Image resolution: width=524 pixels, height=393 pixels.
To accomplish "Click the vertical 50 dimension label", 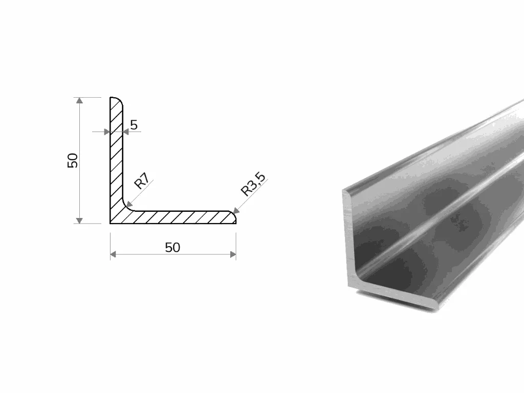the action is (73, 160).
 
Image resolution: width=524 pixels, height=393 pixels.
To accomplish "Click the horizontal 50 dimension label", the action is (172, 248).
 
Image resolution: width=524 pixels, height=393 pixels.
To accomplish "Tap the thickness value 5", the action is (134, 125).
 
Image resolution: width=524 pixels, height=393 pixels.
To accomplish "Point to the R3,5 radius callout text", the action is (253, 184).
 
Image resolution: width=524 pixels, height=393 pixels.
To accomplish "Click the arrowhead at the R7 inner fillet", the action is (129, 204).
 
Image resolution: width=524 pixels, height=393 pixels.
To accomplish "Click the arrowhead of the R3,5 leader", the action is (236, 211).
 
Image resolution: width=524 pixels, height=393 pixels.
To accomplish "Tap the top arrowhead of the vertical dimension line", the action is (79, 100).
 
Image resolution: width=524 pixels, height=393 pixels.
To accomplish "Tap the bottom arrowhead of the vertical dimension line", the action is (79, 221).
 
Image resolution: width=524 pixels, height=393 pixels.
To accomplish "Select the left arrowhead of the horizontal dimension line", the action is (113, 255).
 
